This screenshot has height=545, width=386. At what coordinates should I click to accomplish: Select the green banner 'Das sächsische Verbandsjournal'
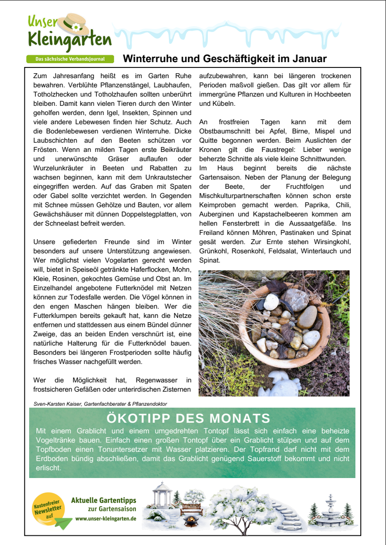coord(70,59)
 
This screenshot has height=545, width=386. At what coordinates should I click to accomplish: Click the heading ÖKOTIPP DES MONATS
coord(188,418)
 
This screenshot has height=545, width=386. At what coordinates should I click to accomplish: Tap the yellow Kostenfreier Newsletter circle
coord(48,509)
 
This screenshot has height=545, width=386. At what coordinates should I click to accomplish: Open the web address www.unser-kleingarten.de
coord(105,518)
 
